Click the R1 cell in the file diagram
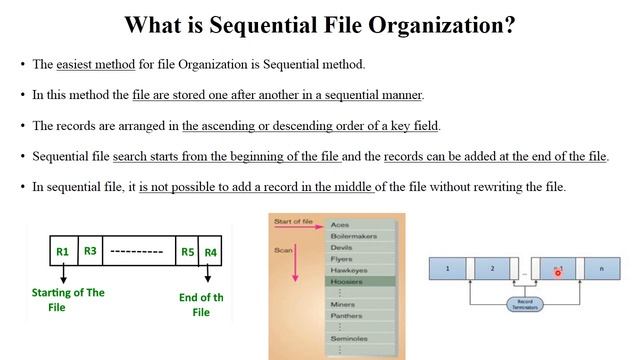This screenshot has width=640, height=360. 62,251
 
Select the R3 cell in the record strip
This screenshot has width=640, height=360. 89,250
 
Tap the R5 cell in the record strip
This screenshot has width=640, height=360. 187,251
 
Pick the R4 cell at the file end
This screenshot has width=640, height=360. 210,251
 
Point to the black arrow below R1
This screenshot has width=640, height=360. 62,274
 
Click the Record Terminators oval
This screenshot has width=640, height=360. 522,303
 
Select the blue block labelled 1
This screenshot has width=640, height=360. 448,269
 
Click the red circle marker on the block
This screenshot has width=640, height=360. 557,271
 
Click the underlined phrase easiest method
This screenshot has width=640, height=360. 97,65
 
